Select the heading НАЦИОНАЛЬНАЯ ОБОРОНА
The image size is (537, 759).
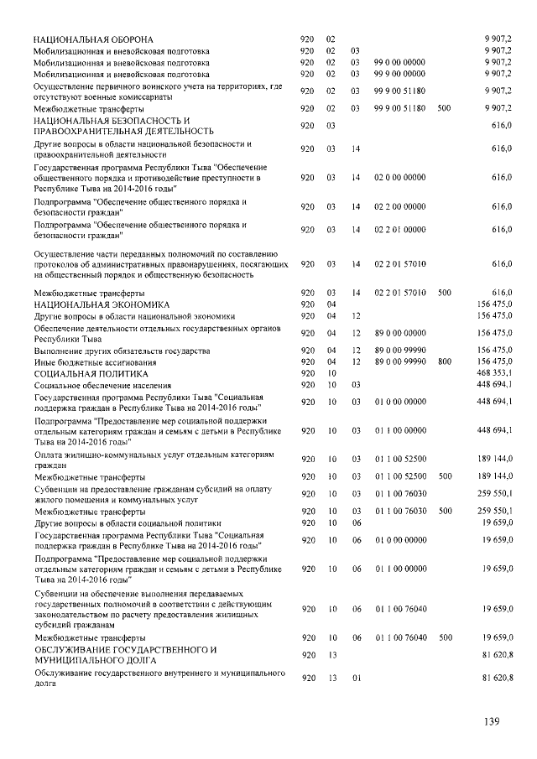[x=93, y=39]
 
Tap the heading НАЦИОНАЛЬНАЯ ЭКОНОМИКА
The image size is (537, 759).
[x=102, y=304]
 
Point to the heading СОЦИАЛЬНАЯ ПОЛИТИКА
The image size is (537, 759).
[x=91, y=372]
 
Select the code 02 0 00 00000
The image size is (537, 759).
[x=399, y=178]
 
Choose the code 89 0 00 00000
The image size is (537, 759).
[x=399, y=333]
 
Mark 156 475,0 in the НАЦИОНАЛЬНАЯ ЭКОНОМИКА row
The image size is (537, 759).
[x=494, y=304]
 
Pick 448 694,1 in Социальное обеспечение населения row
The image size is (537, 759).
[x=494, y=384]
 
